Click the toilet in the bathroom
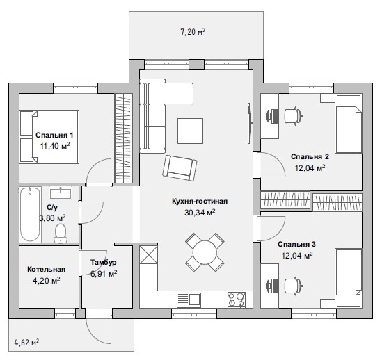click(61, 234)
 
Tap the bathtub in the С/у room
click(30, 214)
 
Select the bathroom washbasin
click(61, 193)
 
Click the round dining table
click(205, 252)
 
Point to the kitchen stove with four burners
click(237, 300)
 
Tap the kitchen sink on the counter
click(189, 299)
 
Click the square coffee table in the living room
click(190, 131)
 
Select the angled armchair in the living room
click(180, 167)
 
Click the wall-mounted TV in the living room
click(249, 123)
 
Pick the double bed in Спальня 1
click(49, 137)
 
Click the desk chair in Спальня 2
click(294, 116)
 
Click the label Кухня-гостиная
click(200, 202)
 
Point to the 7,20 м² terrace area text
click(193, 32)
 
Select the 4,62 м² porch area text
click(27, 343)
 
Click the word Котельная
click(47, 269)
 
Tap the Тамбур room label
click(104, 263)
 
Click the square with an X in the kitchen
click(148, 254)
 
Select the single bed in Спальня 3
click(349, 278)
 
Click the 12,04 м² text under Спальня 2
click(310, 168)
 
